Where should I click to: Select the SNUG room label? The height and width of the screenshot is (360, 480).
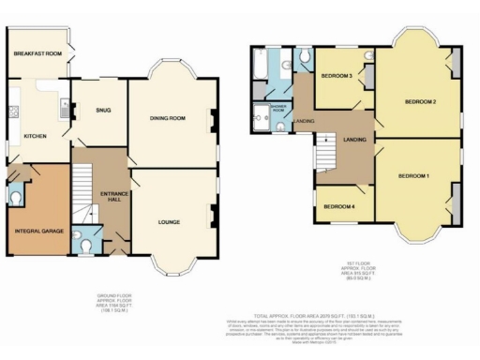pyautogui.click(x=103, y=111)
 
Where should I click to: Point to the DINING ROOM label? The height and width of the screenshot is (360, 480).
pyautogui.click(x=170, y=118)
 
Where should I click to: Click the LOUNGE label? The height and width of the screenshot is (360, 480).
pyautogui.click(x=169, y=221)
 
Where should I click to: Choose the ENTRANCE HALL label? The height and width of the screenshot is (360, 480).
pyautogui.click(x=113, y=196)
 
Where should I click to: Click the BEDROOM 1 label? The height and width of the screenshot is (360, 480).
pyautogui.click(x=413, y=175)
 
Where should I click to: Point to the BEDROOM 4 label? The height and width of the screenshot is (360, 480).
pyautogui.click(x=337, y=206)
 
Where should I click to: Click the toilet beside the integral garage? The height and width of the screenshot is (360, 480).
pyautogui.click(x=16, y=196)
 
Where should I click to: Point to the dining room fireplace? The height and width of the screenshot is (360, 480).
pyautogui.click(x=215, y=119)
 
